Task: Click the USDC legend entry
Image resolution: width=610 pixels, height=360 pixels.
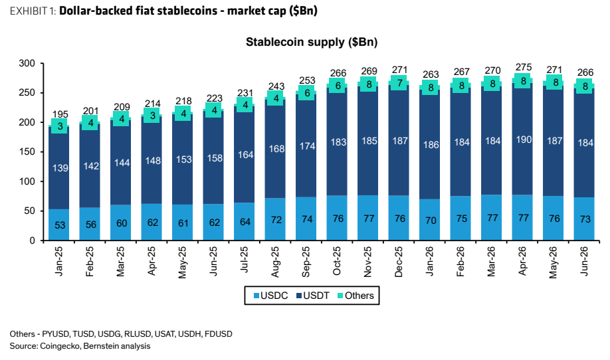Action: (270, 296)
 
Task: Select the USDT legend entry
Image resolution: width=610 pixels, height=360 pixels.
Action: (313, 296)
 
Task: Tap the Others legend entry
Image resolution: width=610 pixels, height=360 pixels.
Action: (356, 296)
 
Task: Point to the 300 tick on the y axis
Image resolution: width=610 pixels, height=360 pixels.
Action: (27, 63)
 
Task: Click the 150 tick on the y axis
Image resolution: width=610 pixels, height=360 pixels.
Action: (27, 152)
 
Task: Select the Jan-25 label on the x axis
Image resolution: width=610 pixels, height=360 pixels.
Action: (58, 261)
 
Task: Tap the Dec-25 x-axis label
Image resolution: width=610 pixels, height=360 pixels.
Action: (399, 262)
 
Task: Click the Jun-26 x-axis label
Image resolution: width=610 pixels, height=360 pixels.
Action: (584, 261)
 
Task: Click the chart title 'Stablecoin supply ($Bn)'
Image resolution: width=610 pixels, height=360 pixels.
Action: (312, 42)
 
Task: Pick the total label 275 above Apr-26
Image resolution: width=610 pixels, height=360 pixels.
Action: (523, 67)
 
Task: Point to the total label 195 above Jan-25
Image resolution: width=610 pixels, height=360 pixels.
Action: (60, 114)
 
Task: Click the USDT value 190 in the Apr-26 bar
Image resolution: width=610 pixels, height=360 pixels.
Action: (524, 139)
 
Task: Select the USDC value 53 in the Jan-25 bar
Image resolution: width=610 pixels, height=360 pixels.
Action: (60, 225)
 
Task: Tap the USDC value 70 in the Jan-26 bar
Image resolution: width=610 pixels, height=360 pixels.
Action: (431, 221)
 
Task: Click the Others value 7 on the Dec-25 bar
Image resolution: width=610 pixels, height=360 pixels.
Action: (399, 83)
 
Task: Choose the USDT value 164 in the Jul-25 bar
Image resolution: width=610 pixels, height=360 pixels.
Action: (245, 155)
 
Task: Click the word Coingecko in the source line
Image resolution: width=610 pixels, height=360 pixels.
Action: (58, 346)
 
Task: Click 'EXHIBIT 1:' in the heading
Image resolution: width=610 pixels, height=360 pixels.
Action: (33, 11)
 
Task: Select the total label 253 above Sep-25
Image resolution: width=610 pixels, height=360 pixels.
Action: (307, 80)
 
